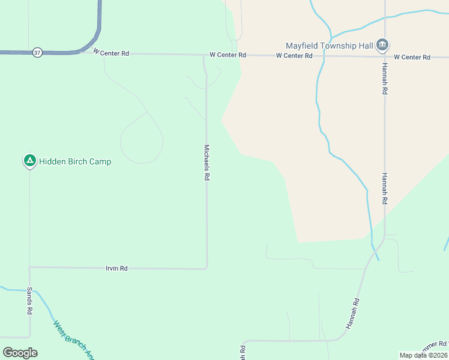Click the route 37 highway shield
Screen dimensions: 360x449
38,53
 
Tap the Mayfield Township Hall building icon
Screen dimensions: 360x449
382,45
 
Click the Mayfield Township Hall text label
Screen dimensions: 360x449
329,45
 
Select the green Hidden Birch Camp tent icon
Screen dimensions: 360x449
29,161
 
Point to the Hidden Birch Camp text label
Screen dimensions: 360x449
75,161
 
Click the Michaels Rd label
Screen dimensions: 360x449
206,163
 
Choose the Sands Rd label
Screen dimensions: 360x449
29,301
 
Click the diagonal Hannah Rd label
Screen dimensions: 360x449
352,313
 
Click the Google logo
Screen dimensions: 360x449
20,353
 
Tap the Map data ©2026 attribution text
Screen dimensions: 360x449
423,355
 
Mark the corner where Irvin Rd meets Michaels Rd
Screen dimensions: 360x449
207,268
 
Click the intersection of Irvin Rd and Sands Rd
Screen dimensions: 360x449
29,267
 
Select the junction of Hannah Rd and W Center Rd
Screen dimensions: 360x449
384,57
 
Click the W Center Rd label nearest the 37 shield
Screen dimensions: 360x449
111,53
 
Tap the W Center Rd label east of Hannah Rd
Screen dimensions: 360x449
412,57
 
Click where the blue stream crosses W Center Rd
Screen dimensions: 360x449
324,56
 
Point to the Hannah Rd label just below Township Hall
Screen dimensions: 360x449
384,80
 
